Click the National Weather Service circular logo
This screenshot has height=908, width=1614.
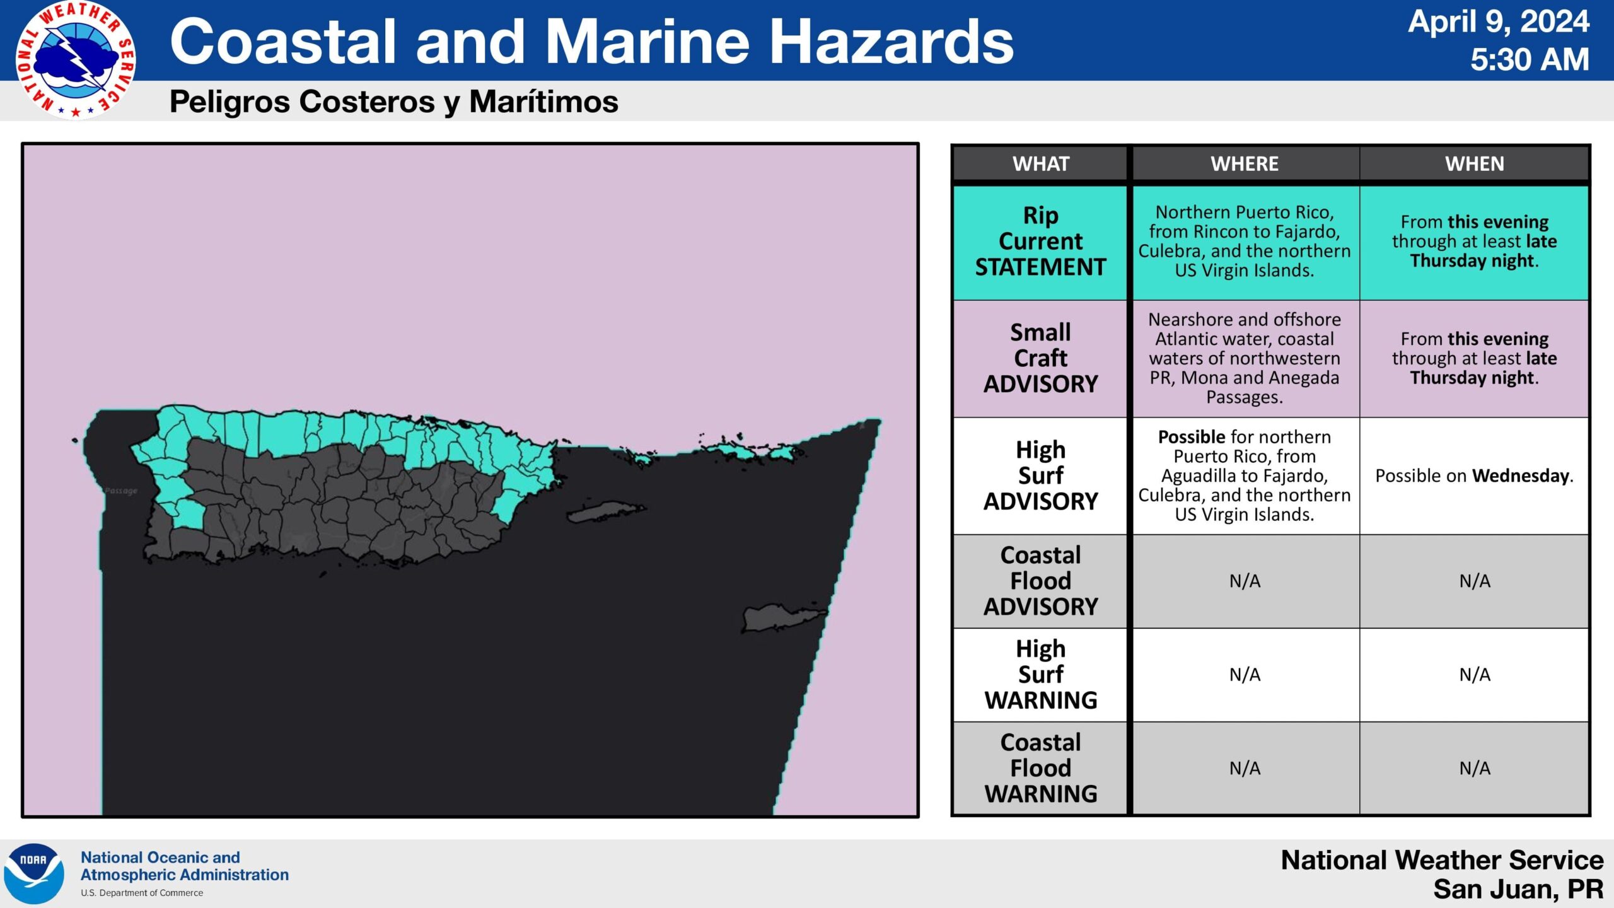tap(76, 60)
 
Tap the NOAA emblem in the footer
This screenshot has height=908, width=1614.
tap(34, 874)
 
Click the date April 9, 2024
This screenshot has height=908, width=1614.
tap(1499, 21)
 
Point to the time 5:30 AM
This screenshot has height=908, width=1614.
tap(1530, 60)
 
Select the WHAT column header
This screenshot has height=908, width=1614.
tap(1041, 164)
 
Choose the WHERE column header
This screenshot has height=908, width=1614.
tap(1245, 164)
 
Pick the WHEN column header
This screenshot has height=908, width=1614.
tap(1475, 164)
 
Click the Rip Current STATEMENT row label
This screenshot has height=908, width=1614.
tap(1041, 242)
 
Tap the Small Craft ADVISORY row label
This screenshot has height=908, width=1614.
tap(1041, 358)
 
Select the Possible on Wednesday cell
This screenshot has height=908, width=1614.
tap(1475, 475)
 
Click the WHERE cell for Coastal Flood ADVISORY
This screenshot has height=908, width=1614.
tap(1245, 581)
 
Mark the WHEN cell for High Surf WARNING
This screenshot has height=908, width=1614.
tap(1475, 675)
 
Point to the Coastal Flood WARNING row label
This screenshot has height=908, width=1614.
tap(1041, 768)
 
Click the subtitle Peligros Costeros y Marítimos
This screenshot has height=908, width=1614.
tap(394, 102)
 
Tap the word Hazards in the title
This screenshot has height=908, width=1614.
tap(891, 42)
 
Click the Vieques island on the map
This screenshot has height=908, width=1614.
tap(605, 512)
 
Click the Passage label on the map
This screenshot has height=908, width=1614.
tap(121, 491)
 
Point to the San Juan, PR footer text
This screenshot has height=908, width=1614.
tap(1518, 889)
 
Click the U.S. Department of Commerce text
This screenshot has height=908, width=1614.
tap(142, 893)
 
